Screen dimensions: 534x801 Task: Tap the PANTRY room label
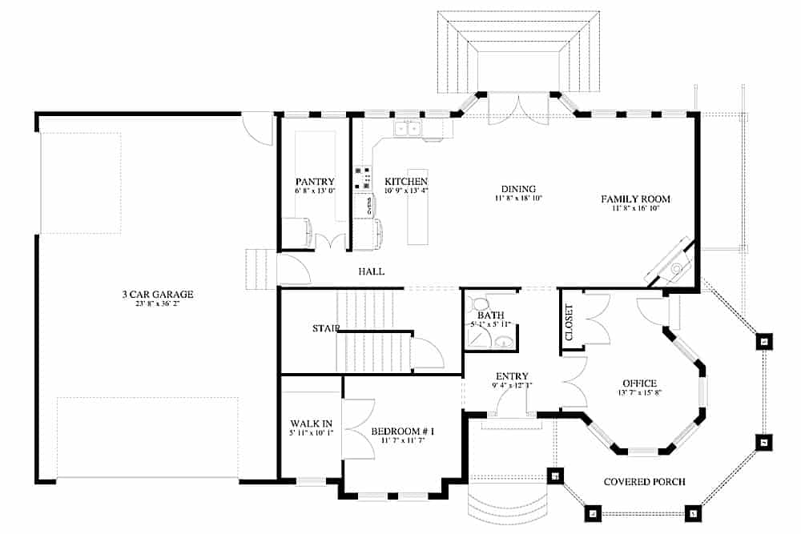[314, 182]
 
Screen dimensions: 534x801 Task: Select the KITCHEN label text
[406, 182]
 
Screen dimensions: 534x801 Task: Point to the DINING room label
[518, 189]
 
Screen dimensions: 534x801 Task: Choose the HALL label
[371, 271]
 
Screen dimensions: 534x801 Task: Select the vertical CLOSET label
[570, 323]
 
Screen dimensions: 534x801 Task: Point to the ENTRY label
[512, 376]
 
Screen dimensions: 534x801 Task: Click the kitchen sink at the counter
[409, 128]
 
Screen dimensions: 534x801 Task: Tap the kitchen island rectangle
[418, 206]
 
